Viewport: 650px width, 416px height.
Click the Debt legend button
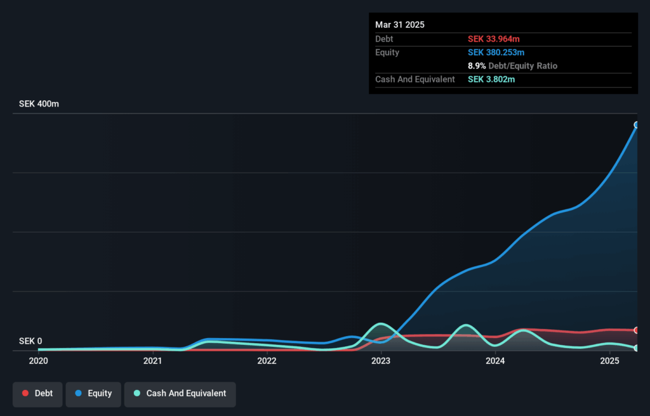(37, 394)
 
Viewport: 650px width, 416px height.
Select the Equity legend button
(93, 394)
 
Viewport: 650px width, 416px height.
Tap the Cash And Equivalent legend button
(180, 394)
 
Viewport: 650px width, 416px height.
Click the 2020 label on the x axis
(38, 361)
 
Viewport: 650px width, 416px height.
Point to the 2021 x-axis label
(152, 361)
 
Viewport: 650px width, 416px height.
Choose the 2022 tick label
(267, 361)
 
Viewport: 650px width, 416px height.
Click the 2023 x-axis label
(381, 361)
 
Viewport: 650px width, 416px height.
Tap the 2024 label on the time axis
(495, 361)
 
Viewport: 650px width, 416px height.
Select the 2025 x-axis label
(609, 361)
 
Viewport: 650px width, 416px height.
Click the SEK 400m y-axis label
(39, 104)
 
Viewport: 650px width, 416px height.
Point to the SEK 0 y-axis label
(30, 341)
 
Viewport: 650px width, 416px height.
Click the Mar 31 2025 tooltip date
(400, 25)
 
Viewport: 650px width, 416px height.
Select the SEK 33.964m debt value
(494, 39)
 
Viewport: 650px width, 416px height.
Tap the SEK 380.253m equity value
(496, 53)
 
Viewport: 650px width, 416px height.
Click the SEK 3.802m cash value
(491, 79)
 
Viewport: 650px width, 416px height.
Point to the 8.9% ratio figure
(477, 66)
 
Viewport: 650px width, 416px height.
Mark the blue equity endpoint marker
(636, 125)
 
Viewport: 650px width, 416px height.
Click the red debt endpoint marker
(636, 330)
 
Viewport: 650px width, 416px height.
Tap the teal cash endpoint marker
(636, 348)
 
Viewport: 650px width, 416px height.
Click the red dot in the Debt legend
(25, 394)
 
